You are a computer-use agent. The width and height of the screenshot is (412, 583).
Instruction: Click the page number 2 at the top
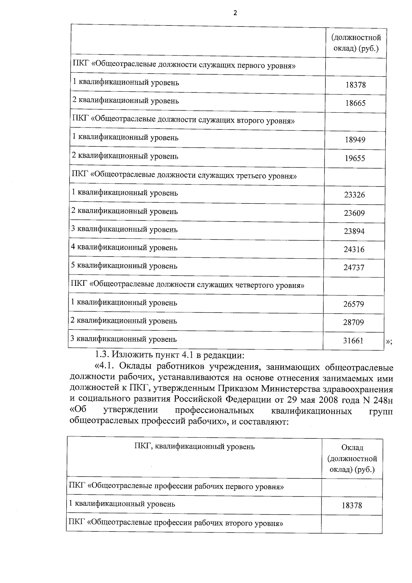point(235,13)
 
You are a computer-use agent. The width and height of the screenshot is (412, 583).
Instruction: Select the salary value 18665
point(355,103)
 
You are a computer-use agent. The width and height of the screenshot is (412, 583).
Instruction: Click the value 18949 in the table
point(355,140)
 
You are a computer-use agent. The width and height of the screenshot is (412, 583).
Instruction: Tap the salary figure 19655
point(355,158)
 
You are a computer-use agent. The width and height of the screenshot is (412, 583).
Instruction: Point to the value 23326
point(354,195)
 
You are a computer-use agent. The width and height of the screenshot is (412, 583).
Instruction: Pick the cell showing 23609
point(354,213)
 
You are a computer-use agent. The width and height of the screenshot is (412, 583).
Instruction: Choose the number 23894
point(354,232)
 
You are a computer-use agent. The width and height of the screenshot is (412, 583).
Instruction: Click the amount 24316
point(354,250)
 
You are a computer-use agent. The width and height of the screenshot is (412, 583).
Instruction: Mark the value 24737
point(354,268)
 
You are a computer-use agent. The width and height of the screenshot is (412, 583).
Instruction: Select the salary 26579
point(354,304)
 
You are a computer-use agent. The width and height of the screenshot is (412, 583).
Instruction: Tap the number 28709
point(354,323)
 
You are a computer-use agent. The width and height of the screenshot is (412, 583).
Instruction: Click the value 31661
point(353,341)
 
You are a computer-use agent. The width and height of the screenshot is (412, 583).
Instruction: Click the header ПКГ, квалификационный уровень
point(194,447)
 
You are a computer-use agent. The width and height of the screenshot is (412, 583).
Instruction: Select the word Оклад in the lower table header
point(352,448)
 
